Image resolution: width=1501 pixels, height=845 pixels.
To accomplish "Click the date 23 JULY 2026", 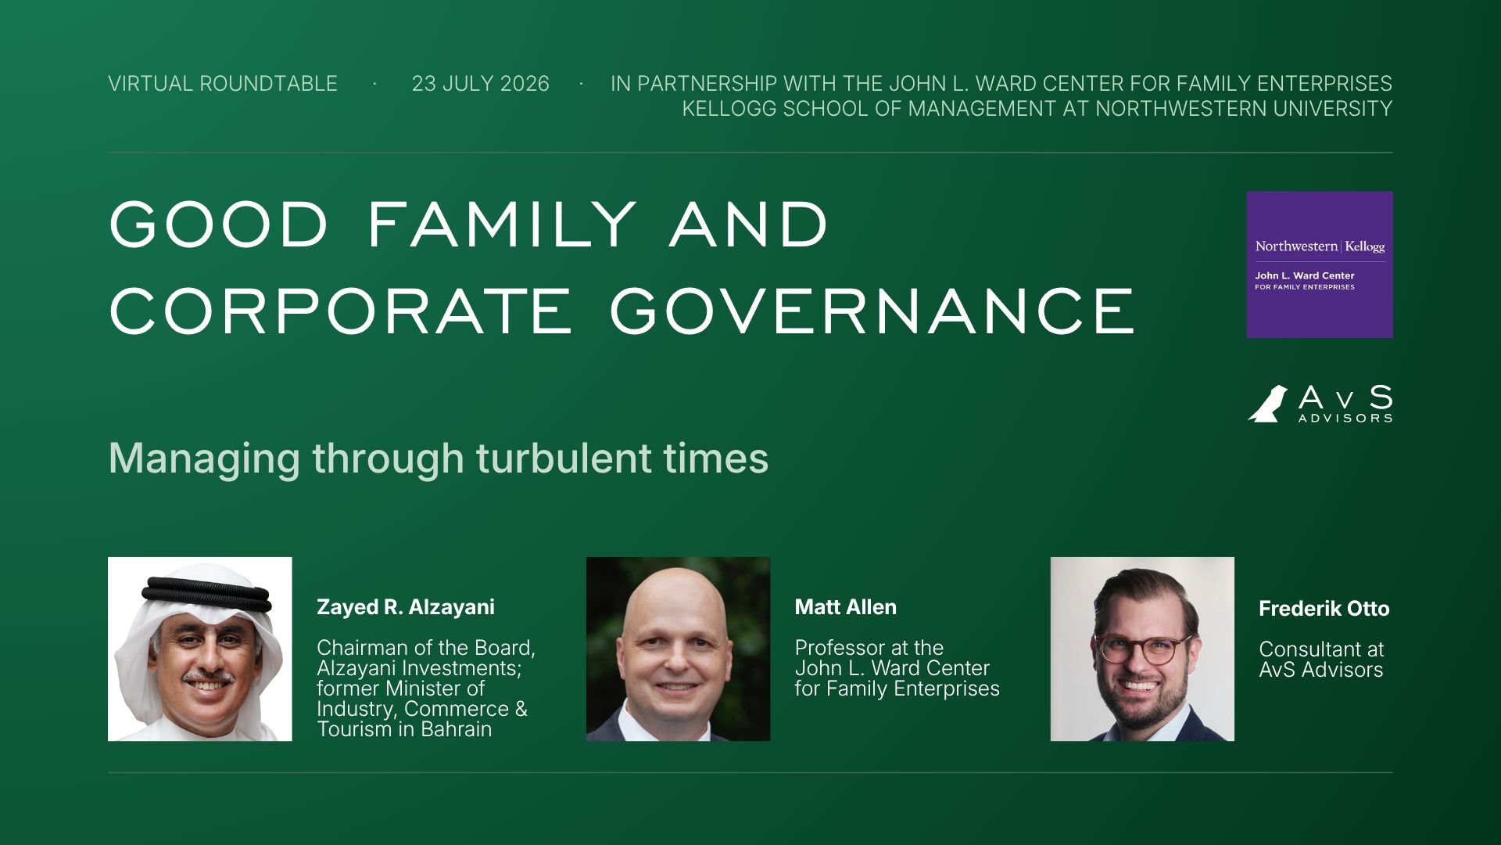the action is [481, 84].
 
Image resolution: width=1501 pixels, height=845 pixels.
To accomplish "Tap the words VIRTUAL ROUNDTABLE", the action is [223, 84].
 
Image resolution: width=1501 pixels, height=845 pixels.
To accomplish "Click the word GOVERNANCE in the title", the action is [872, 311].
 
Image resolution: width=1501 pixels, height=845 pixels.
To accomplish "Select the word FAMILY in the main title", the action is [502, 225].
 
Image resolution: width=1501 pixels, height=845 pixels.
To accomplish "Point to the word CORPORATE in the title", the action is [341, 311].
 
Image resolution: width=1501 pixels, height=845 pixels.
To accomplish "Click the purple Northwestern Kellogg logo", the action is [1320, 264].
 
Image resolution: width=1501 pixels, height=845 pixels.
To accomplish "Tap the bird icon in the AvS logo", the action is [1268, 404].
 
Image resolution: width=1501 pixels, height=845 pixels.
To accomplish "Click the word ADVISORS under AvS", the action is [1345, 419].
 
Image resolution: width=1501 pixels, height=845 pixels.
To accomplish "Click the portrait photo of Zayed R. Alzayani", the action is [200, 649].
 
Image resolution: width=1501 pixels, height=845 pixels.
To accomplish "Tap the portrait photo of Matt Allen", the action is [679, 649].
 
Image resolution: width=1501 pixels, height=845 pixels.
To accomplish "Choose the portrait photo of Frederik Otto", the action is [1142, 649].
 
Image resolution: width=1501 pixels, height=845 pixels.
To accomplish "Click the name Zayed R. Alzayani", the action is [406, 607].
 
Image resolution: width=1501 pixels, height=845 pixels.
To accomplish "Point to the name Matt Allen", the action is [846, 607].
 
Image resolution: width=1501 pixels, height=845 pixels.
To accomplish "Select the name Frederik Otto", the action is [1324, 609].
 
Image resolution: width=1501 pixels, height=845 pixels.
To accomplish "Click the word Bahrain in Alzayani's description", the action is [457, 729].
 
